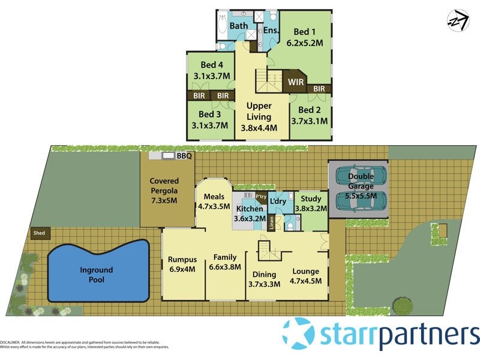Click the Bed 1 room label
(x=304, y=32)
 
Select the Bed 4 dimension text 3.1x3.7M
(x=212, y=76)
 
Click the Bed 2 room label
(x=310, y=110)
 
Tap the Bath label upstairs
(x=238, y=26)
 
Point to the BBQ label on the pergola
(x=184, y=156)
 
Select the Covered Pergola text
(x=164, y=185)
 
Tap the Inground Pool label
(x=97, y=275)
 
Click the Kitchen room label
(x=250, y=209)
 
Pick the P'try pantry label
(x=261, y=196)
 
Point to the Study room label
(x=311, y=199)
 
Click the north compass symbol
(x=458, y=20)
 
